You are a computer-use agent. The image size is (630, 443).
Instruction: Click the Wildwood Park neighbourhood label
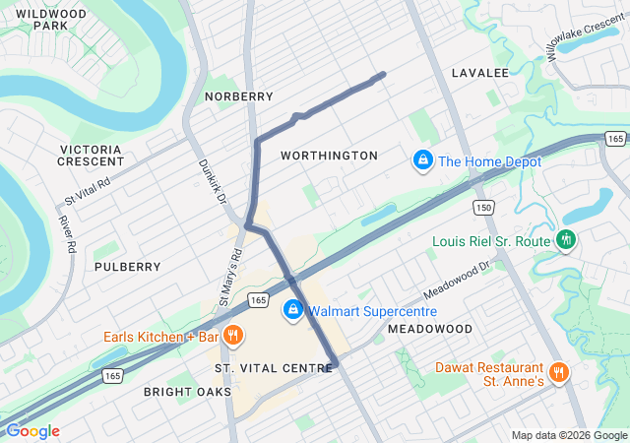[51, 20]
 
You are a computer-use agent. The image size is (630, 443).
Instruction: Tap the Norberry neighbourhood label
[238, 96]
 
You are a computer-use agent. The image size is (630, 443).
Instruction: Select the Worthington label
[329, 156]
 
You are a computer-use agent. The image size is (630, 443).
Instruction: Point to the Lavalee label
[479, 73]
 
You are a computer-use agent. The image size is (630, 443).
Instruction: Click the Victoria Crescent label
[91, 156]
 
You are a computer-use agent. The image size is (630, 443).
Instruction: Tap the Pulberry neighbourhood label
[128, 267]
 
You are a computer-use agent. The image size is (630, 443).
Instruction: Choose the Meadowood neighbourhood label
[429, 328]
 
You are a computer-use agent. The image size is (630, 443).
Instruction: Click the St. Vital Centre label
[274, 367]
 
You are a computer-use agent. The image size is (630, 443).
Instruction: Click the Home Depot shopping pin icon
[422, 159]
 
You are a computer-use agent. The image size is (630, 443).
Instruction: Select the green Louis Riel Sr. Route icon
[566, 239]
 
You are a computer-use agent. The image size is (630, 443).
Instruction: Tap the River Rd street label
[68, 234]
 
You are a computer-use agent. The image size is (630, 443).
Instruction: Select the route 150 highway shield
[482, 208]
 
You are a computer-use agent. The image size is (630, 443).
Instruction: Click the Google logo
[32, 431]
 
